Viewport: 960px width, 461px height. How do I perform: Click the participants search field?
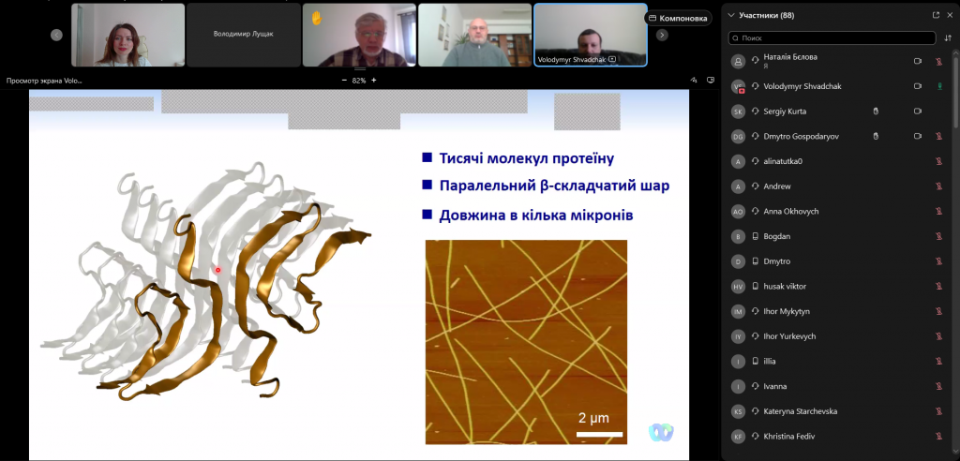pos(832,38)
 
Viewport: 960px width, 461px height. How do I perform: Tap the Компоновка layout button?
pos(679,19)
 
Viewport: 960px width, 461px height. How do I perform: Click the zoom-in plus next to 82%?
pos(374,81)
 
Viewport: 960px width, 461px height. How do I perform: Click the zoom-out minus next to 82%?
pos(344,81)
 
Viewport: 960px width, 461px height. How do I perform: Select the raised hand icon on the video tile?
pos(317,19)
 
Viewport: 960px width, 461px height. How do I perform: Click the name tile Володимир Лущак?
pos(243,35)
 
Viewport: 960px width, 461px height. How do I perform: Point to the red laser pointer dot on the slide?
pos(217,269)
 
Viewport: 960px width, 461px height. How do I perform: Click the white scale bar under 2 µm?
pos(599,434)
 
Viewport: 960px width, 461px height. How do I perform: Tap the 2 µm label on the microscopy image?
pos(593,418)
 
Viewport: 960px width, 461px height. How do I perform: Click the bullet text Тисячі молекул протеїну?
pos(527,158)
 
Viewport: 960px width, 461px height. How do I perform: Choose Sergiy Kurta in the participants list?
pos(785,112)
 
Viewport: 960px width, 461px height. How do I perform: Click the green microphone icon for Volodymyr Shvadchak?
pos(938,86)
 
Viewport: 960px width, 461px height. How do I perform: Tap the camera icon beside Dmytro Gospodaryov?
pos(918,136)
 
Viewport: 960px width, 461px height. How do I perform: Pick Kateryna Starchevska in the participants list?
pos(801,411)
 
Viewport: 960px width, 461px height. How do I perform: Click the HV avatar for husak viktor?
pos(739,286)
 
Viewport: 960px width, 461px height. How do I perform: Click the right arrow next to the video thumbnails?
pos(662,35)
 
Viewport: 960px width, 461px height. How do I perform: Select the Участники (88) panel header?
pos(767,15)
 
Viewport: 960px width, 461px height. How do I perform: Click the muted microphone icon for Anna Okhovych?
pos(938,211)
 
